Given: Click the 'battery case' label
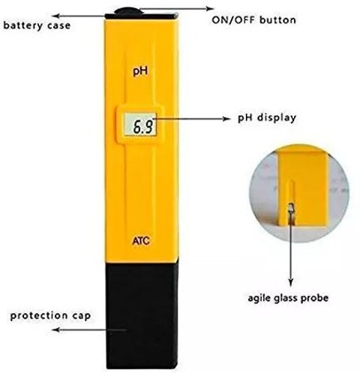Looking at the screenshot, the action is click(37, 26).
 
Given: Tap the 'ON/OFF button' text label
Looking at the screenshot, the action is click(254, 20).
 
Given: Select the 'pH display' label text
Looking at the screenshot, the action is click(267, 118).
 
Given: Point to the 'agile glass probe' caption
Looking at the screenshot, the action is click(288, 299).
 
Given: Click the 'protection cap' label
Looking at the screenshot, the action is click(50, 316).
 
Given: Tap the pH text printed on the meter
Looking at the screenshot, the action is click(140, 71).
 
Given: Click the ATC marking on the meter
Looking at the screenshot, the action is click(141, 241).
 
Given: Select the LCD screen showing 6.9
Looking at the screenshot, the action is click(140, 125).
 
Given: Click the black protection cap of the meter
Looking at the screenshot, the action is click(142, 314).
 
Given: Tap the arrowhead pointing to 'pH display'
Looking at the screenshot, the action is click(226, 119).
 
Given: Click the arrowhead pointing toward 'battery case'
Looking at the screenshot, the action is click(56, 16).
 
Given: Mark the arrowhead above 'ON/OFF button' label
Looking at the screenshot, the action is click(210, 9).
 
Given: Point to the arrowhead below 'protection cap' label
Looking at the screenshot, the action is click(56, 329).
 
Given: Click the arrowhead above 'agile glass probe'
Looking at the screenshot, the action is click(290, 282).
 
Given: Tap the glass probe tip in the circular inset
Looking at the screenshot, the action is click(291, 208).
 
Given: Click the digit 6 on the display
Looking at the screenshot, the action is click(137, 127).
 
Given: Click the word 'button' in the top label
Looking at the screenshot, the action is click(278, 20).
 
